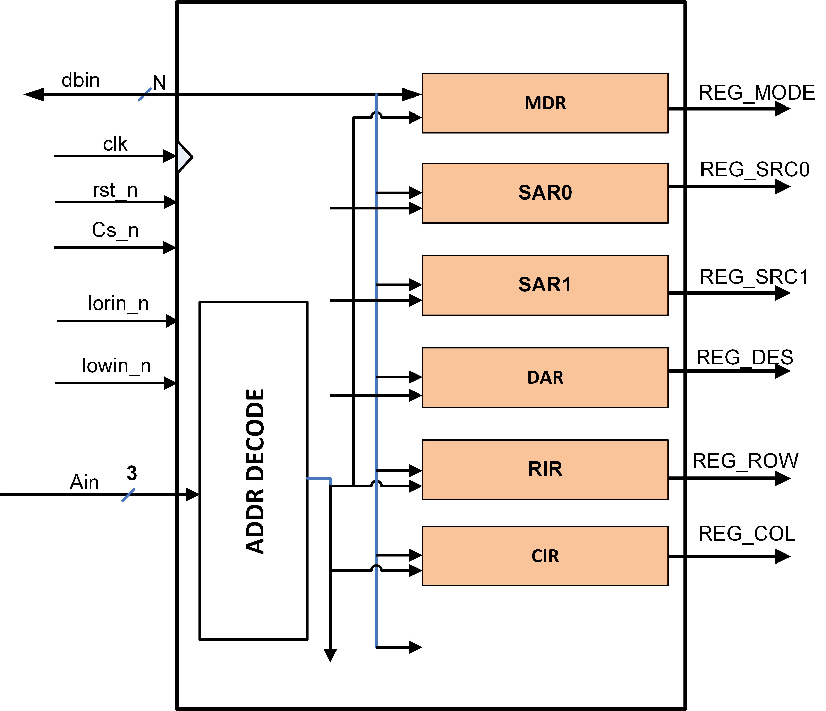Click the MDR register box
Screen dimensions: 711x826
coord(545,103)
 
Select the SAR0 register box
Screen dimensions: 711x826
coord(545,193)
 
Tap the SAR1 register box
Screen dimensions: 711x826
coord(545,285)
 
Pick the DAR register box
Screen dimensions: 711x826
coord(545,377)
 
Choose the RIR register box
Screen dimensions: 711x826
coord(545,469)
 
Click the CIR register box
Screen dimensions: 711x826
coord(545,556)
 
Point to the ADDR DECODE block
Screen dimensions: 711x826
coord(254,471)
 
